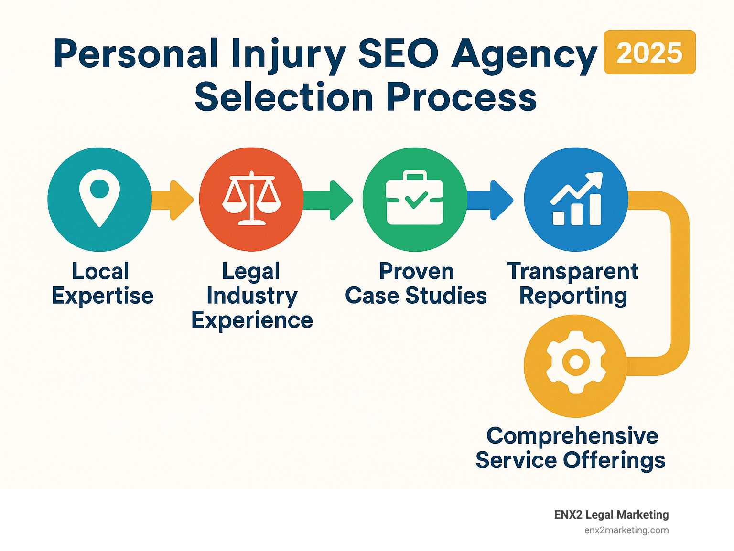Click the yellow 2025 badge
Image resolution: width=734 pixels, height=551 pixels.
coord(649,53)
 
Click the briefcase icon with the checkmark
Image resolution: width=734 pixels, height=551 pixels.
coord(415,198)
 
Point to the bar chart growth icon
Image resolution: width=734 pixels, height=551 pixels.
coord(576,199)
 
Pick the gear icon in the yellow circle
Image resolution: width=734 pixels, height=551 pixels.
coord(576,362)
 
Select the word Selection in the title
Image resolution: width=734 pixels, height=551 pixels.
coord(284,97)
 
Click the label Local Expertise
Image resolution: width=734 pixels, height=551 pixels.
coord(102,284)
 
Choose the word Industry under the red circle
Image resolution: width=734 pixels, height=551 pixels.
coord(252,296)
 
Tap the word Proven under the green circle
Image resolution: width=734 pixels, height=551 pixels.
coord(416,272)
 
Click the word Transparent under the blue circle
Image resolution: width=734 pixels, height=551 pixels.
coord(572,272)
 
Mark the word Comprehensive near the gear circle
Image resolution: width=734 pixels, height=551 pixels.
coord(572,435)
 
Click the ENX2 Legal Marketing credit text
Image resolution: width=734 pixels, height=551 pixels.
coord(611,515)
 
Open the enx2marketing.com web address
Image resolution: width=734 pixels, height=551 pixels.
coord(626,530)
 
